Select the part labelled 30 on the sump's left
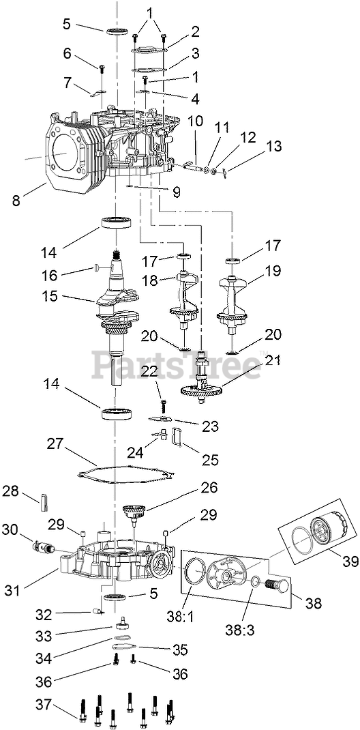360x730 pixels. pyautogui.click(x=42, y=546)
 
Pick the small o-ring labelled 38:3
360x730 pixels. pyautogui.click(x=256, y=581)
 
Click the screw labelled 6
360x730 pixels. pyautogui.click(x=102, y=69)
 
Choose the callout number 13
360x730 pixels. pyautogui.click(x=274, y=146)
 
